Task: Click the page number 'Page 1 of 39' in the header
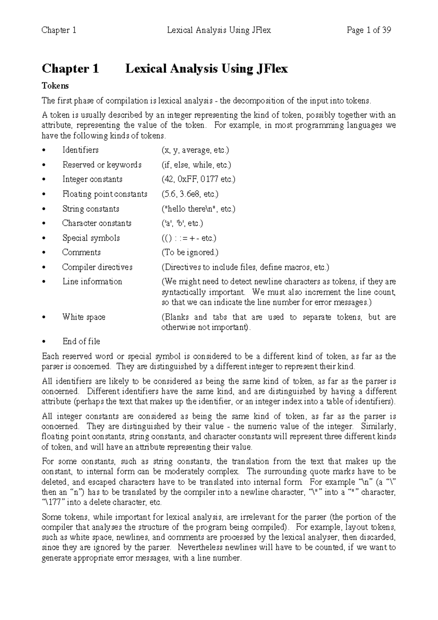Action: (369, 30)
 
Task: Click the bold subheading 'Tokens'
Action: (55, 86)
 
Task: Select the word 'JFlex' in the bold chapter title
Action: (270, 69)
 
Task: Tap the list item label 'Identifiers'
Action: (80, 150)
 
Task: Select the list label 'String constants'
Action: (91, 209)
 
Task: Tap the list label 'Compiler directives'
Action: (97, 267)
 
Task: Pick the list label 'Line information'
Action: (92, 282)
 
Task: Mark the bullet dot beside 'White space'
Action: (44, 317)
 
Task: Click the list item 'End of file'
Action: (81, 341)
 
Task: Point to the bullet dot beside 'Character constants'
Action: (44, 223)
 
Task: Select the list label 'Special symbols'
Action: (91, 238)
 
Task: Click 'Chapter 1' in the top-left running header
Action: (59, 30)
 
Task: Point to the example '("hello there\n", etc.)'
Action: (198, 209)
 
